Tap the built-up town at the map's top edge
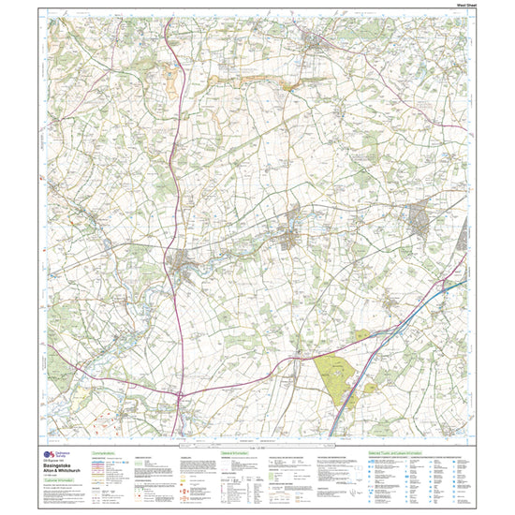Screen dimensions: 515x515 [x=316, y=41]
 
